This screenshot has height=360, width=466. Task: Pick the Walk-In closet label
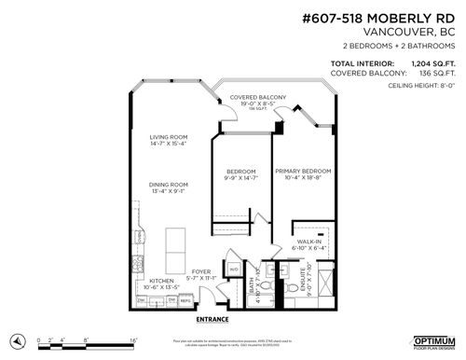coord(309,244)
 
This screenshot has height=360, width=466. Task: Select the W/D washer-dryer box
coord(234,270)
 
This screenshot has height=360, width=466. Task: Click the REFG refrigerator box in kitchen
coord(185,299)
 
